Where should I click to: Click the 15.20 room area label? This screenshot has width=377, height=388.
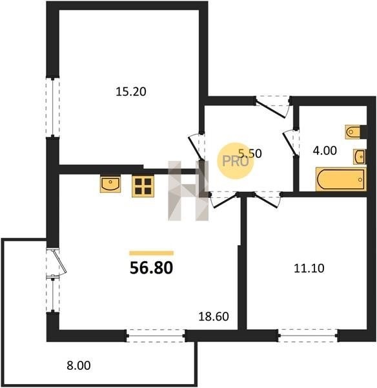[131, 92]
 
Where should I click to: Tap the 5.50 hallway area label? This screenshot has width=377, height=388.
[250, 153]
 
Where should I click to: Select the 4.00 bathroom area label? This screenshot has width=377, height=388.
[325, 151]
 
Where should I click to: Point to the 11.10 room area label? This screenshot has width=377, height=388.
[309, 268]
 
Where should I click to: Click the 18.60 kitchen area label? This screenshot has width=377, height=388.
[214, 316]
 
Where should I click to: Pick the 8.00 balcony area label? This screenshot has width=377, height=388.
[79, 365]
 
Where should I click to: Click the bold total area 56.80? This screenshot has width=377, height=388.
[151, 268]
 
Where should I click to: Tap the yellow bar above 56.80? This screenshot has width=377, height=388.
[152, 253]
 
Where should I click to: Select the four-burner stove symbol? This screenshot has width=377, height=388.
[143, 186]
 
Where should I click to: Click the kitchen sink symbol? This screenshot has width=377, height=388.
[110, 184]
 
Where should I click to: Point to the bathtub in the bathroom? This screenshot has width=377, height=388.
[341, 179]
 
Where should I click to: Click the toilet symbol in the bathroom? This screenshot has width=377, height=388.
[352, 132]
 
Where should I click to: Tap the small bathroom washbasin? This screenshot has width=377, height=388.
[360, 156]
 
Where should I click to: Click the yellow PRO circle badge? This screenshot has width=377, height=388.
[236, 161]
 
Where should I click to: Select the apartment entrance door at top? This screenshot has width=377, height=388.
[273, 107]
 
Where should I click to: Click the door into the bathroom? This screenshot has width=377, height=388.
[290, 143]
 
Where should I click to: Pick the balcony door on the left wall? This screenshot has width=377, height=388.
[57, 263]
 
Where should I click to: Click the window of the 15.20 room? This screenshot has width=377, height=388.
[53, 107]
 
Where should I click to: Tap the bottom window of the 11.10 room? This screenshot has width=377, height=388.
[308, 336]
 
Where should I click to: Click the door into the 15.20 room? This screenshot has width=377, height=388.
[197, 147]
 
